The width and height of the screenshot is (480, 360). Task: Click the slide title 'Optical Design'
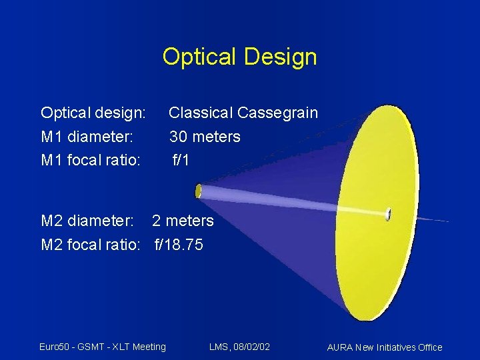239,57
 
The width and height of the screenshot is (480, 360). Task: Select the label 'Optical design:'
93,113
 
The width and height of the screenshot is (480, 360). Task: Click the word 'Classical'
201,113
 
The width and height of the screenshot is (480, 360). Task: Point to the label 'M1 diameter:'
87,137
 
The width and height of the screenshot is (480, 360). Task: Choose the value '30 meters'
205,137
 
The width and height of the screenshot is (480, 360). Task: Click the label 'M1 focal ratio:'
91,161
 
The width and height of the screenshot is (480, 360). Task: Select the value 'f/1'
181,161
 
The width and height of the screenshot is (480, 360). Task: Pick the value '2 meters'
183,221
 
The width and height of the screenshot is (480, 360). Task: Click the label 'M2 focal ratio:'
91,245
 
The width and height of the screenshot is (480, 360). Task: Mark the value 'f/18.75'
179,245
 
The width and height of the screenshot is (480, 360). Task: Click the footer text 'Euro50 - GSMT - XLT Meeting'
102,347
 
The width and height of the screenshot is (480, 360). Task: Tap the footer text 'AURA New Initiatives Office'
385,347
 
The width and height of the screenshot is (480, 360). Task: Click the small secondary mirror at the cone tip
198,191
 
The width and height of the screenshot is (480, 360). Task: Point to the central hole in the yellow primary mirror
387,214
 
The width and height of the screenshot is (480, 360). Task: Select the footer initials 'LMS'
218,347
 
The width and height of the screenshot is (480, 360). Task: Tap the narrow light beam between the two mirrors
293,202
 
